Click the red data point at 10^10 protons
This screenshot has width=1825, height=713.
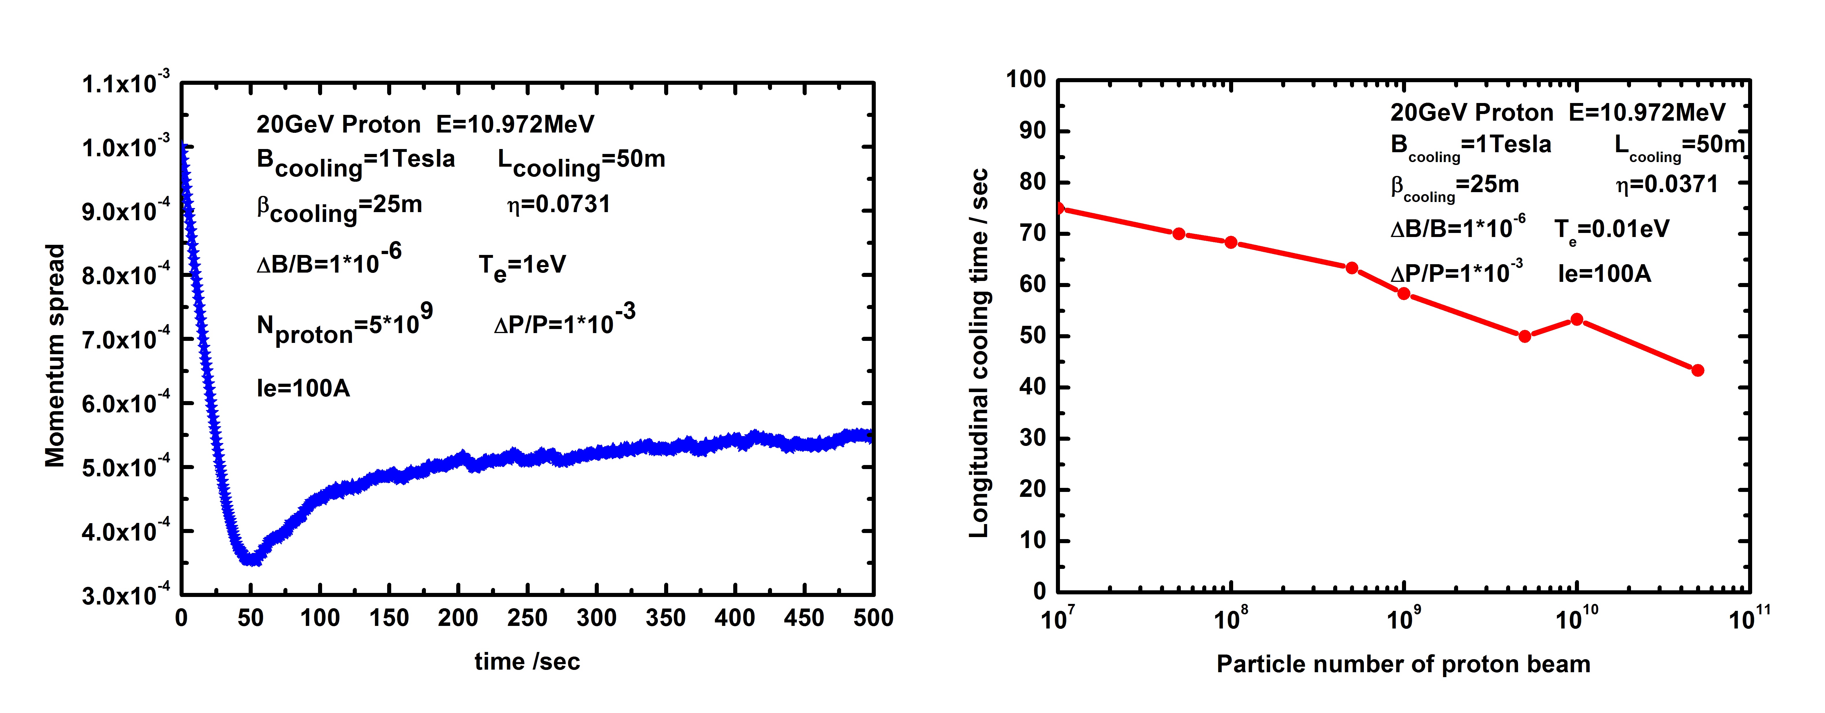tap(1576, 320)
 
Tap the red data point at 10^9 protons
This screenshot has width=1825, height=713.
tap(1403, 293)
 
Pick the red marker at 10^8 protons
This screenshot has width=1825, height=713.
tap(1231, 242)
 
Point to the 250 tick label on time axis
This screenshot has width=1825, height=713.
tap(527, 618)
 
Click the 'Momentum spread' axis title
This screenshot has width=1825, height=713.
tap(55, 356)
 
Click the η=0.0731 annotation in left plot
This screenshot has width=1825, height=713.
tap(558, 205)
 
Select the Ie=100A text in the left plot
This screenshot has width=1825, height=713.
tap(303, 388)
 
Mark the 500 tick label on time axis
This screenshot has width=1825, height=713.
tap(873, 618)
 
